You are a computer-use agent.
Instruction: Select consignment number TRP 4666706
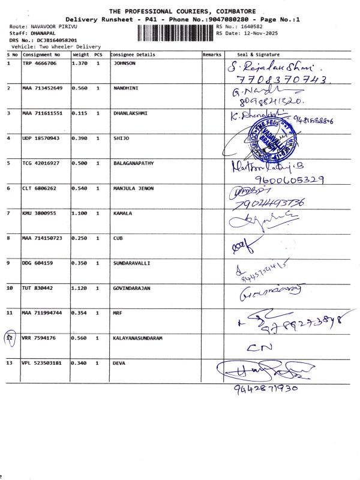pos(40,63)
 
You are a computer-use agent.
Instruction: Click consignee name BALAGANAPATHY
pos(134,163)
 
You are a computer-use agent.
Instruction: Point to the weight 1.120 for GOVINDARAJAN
pos(80,288)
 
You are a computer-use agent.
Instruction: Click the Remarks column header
pos(212,55)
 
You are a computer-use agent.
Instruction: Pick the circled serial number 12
pos(9,338)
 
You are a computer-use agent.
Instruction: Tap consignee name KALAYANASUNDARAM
pos(141,338)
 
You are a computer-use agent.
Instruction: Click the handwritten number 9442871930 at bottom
pos(266,388)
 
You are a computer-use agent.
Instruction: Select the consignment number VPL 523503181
pos(42,363)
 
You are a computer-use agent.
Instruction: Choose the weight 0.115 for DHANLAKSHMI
pos(80,113)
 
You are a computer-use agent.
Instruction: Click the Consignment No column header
pos(41,55)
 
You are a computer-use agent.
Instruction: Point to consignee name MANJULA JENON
pos(133,188)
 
